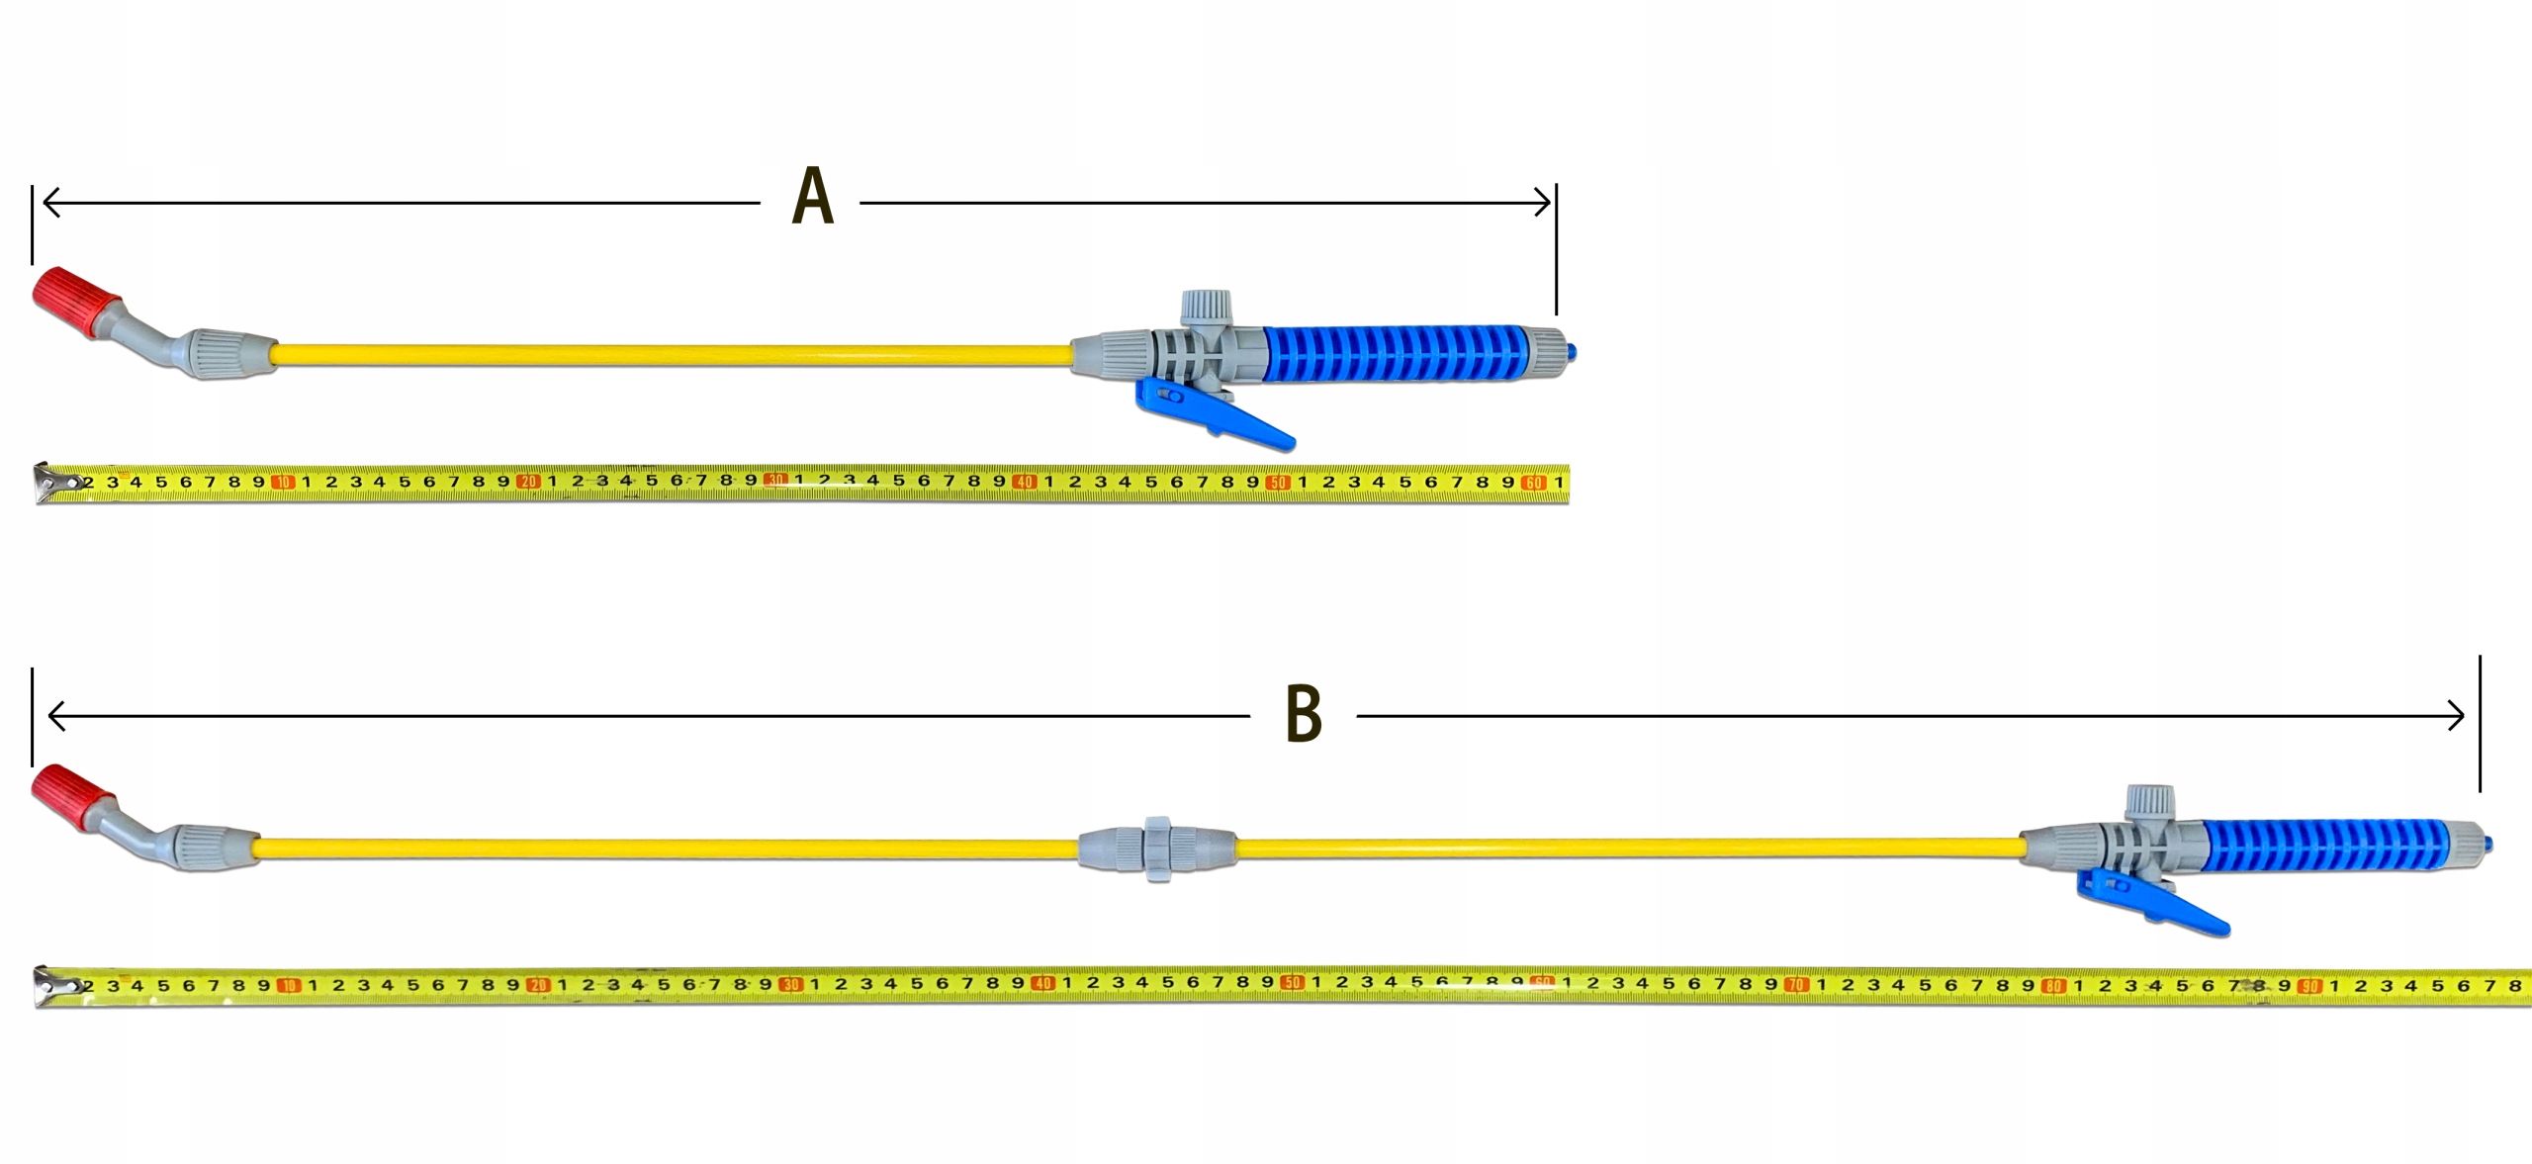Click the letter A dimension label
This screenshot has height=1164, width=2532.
click(x=813, y=198)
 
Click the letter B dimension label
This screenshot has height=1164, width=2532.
click(x=1303, y=714)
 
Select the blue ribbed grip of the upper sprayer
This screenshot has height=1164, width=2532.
click(x=1395, y=352)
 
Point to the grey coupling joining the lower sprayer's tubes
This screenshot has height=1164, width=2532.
click(x=1156, y=850)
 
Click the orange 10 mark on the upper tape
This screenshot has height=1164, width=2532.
click(x=284, y=483)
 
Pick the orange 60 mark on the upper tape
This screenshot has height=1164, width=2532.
click(x=1533, y=483)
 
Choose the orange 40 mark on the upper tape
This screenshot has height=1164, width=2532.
click(x=1025, y=483)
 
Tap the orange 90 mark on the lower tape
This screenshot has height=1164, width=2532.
click(x=2309, y=986)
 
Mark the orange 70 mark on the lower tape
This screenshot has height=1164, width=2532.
click(x=1796, y=985)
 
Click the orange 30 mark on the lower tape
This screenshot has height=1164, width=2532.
click(x=790, y=985)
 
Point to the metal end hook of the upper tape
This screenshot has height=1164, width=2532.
click(x=51, y=483)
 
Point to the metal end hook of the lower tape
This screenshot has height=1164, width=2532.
click(x=51, y=986)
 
